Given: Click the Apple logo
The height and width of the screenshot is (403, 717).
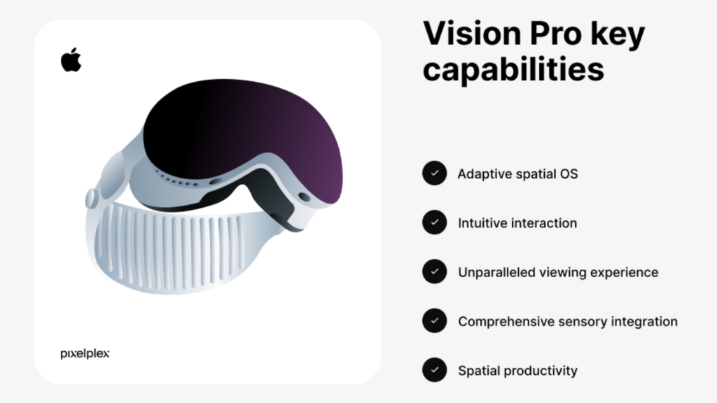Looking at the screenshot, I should [71, 60].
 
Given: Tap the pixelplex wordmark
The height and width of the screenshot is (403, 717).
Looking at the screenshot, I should [85, 354].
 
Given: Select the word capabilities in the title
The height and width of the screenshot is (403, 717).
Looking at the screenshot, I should [513, 70].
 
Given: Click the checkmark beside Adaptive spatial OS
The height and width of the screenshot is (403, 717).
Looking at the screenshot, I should [434, 173].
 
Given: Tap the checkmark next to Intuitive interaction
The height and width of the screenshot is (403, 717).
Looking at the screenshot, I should [434, 222].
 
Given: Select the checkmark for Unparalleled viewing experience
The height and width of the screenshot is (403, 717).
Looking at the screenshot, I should [434, 271].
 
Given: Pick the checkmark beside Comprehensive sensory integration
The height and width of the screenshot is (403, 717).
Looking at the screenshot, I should [434, 321].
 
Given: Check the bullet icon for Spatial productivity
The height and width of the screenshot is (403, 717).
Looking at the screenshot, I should [434, 370].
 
